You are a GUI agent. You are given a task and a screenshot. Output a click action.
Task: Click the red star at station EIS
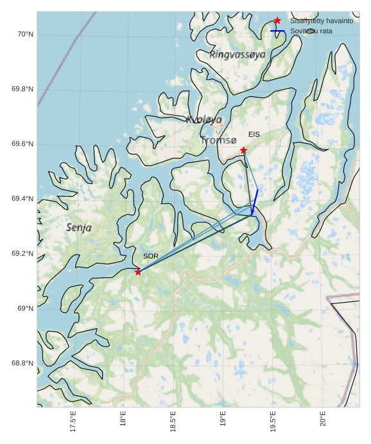(244, 150)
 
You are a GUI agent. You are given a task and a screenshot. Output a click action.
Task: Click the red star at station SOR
(138, 272)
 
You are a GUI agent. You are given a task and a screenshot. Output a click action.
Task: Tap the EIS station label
(254, 134)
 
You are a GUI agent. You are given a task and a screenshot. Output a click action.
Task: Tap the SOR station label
(151, 256)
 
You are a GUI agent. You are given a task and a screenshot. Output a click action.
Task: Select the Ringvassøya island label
(237, 55)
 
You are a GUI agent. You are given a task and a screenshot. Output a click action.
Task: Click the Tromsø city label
(218, 140)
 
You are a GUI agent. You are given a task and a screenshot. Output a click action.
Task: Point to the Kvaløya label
(204, 120)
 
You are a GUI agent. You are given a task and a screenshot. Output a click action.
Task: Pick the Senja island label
(79, 227)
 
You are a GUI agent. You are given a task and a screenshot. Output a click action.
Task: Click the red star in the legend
(277, 21)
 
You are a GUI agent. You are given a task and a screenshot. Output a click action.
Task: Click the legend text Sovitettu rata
(311, 31)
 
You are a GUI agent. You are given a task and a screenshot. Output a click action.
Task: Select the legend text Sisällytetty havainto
(322, 21)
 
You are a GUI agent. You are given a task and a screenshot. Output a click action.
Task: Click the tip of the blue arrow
(252, 215)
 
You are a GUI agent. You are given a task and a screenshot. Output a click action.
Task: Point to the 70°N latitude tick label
(24, 34)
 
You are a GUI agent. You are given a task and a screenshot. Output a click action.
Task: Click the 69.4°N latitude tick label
(22, 199)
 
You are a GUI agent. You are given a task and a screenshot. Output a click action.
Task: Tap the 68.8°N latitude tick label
(22, 364)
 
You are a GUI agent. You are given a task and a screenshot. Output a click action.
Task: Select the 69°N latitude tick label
(25, 308)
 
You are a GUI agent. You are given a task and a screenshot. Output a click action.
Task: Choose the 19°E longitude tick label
(223, 419)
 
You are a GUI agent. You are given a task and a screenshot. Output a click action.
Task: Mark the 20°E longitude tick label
(323, 419)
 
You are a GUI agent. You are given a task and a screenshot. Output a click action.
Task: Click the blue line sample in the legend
(277, 31)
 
